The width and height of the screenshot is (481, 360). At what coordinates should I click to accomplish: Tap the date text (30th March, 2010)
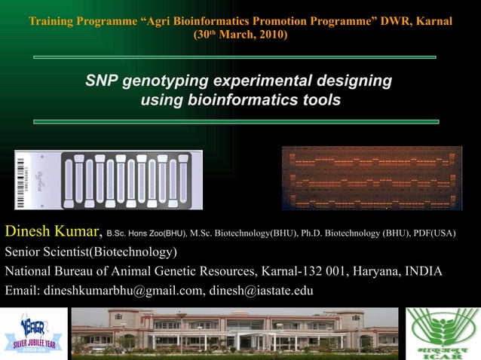(240, 35)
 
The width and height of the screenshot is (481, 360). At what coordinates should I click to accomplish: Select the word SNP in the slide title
(102, 81)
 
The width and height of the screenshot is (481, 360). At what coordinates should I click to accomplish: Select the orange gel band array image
(372, 178)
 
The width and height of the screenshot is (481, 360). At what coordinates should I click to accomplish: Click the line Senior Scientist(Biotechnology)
(91, 252)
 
